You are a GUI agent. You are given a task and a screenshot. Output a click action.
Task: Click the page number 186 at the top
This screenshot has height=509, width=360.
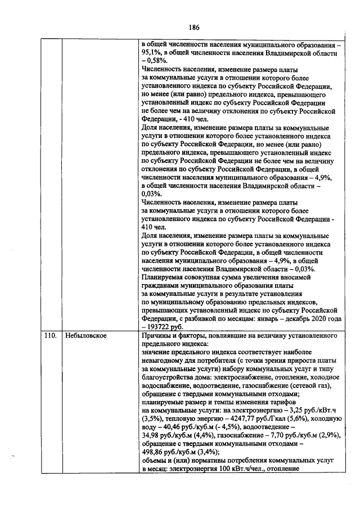194,27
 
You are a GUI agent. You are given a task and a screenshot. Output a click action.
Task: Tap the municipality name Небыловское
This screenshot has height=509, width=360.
83,336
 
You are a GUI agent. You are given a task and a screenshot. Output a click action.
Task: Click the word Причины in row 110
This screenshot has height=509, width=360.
156,336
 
